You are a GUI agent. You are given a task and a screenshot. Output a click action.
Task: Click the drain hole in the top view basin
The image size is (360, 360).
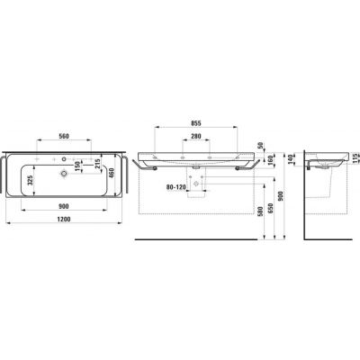[x=65, y=172]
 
